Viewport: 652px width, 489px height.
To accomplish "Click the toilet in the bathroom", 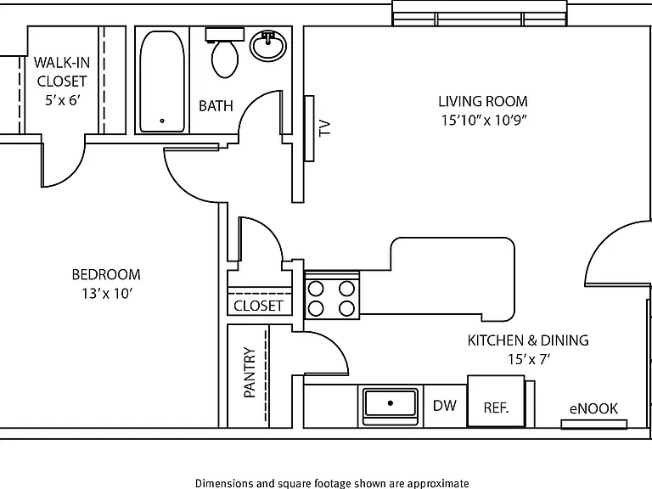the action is click(225, 53).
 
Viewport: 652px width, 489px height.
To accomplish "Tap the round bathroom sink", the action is click(268, 46).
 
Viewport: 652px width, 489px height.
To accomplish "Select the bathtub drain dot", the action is click(162, 121).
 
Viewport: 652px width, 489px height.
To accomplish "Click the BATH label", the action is click(216, 106).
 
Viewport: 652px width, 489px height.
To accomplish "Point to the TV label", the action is click(325, 127).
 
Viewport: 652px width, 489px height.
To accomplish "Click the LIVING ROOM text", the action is click(483, 102).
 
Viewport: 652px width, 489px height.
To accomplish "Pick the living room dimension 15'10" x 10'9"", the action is click(484, 121).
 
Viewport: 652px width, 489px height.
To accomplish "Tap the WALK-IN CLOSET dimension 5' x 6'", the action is click(62, 100).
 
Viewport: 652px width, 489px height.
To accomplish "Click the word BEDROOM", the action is click(106, 274).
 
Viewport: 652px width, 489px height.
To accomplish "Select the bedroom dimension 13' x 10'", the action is click(107, 294).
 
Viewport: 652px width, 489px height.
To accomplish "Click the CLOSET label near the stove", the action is click(258, 306).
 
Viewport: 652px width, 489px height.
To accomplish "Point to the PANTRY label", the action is click(250, 373).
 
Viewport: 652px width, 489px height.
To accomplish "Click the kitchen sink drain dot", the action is click(390, 403).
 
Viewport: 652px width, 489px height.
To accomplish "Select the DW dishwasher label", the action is click(445, 406).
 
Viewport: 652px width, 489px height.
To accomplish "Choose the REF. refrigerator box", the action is click(496, 401).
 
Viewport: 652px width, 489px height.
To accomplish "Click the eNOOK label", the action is click(593, 408).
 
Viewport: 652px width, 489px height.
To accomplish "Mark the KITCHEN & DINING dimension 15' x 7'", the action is click(529, 359).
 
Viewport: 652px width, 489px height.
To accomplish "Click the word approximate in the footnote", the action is click(438, 484).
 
